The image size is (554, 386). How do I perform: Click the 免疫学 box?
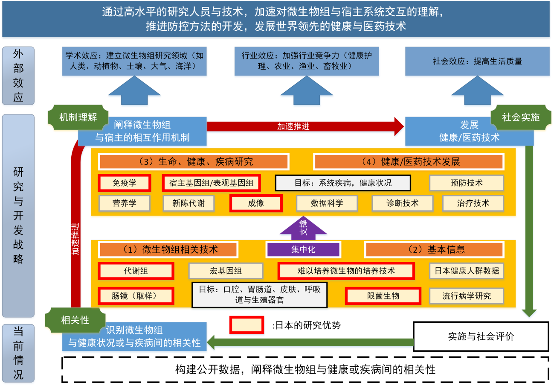coord(124,183)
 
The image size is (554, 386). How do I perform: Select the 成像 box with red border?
coord(256,203)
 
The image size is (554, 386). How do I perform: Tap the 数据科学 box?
coord(327,203)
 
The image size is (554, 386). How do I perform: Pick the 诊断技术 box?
coord(402,203)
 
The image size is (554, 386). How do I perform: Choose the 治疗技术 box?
coord(473,203)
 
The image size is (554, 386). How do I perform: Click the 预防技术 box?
coord(467,183)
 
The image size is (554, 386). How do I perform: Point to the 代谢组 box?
coord(136,271)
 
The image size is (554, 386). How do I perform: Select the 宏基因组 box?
coord(226,271)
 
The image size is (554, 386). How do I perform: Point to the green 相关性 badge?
coord(75,320)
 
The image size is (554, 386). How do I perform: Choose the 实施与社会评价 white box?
coord(481,336)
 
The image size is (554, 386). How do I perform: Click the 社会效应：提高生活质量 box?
coord(477,61)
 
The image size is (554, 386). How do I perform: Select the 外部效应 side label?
coord(18,76)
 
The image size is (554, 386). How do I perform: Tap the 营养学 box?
coord(124,203)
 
